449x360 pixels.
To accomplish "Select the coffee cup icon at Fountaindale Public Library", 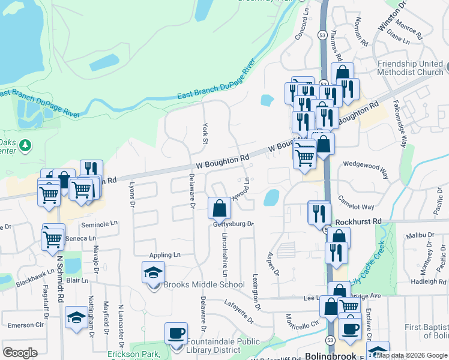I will (176, 334).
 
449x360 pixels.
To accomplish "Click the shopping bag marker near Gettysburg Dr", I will (220, 208).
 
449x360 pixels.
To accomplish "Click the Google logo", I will (20, 352).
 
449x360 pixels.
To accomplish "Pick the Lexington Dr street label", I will (256, 293).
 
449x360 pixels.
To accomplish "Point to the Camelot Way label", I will (360, 205).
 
